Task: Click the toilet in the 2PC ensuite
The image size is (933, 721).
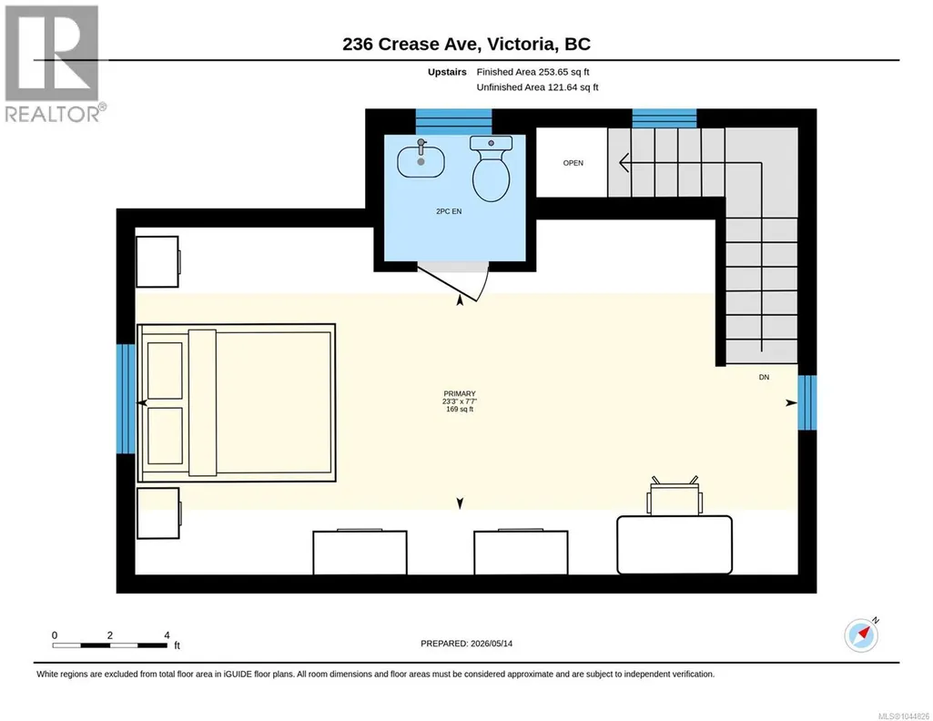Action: [x=492, y=168]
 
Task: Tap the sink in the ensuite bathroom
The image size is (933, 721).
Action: [x=421, y=160]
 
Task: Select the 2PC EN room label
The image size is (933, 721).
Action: [x=449, y=211]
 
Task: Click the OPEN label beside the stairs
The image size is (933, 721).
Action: [x=573, y=163]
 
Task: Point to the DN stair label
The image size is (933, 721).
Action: [x=764, y=377]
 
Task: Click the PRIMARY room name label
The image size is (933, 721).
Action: [x=460, y=394]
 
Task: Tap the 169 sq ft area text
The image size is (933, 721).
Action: [x=460, y=410]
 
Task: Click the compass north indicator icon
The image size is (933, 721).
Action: [x=862, y=635]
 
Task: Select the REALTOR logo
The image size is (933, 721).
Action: [x=53, y=64]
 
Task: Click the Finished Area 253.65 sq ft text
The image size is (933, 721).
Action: [x=532, y=72]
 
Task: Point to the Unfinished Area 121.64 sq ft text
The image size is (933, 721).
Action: [x=537, y=87]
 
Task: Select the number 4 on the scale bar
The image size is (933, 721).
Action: [x=167, y=635]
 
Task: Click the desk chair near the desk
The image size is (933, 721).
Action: [x=674, y=496]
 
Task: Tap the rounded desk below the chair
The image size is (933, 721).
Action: [x=674, y=545]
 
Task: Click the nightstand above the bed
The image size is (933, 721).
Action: [x=158, y=262]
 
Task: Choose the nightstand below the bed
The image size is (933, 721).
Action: [x=158, y=513]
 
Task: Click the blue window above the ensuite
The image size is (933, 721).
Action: [x=453, y=122]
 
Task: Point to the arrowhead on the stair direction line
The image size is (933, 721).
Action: [x=624, y=162]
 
